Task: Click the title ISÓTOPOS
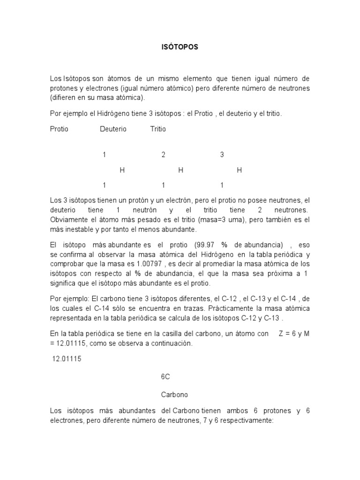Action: tap(180, 47)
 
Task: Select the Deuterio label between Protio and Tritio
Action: tap(113, 129)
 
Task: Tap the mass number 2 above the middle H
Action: tap(163, 154)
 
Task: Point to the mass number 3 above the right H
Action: tap(222, 154)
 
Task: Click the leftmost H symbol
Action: tap(122, 170)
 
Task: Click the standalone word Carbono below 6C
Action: tap(174, 394)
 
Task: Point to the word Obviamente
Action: tap(69, 219)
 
